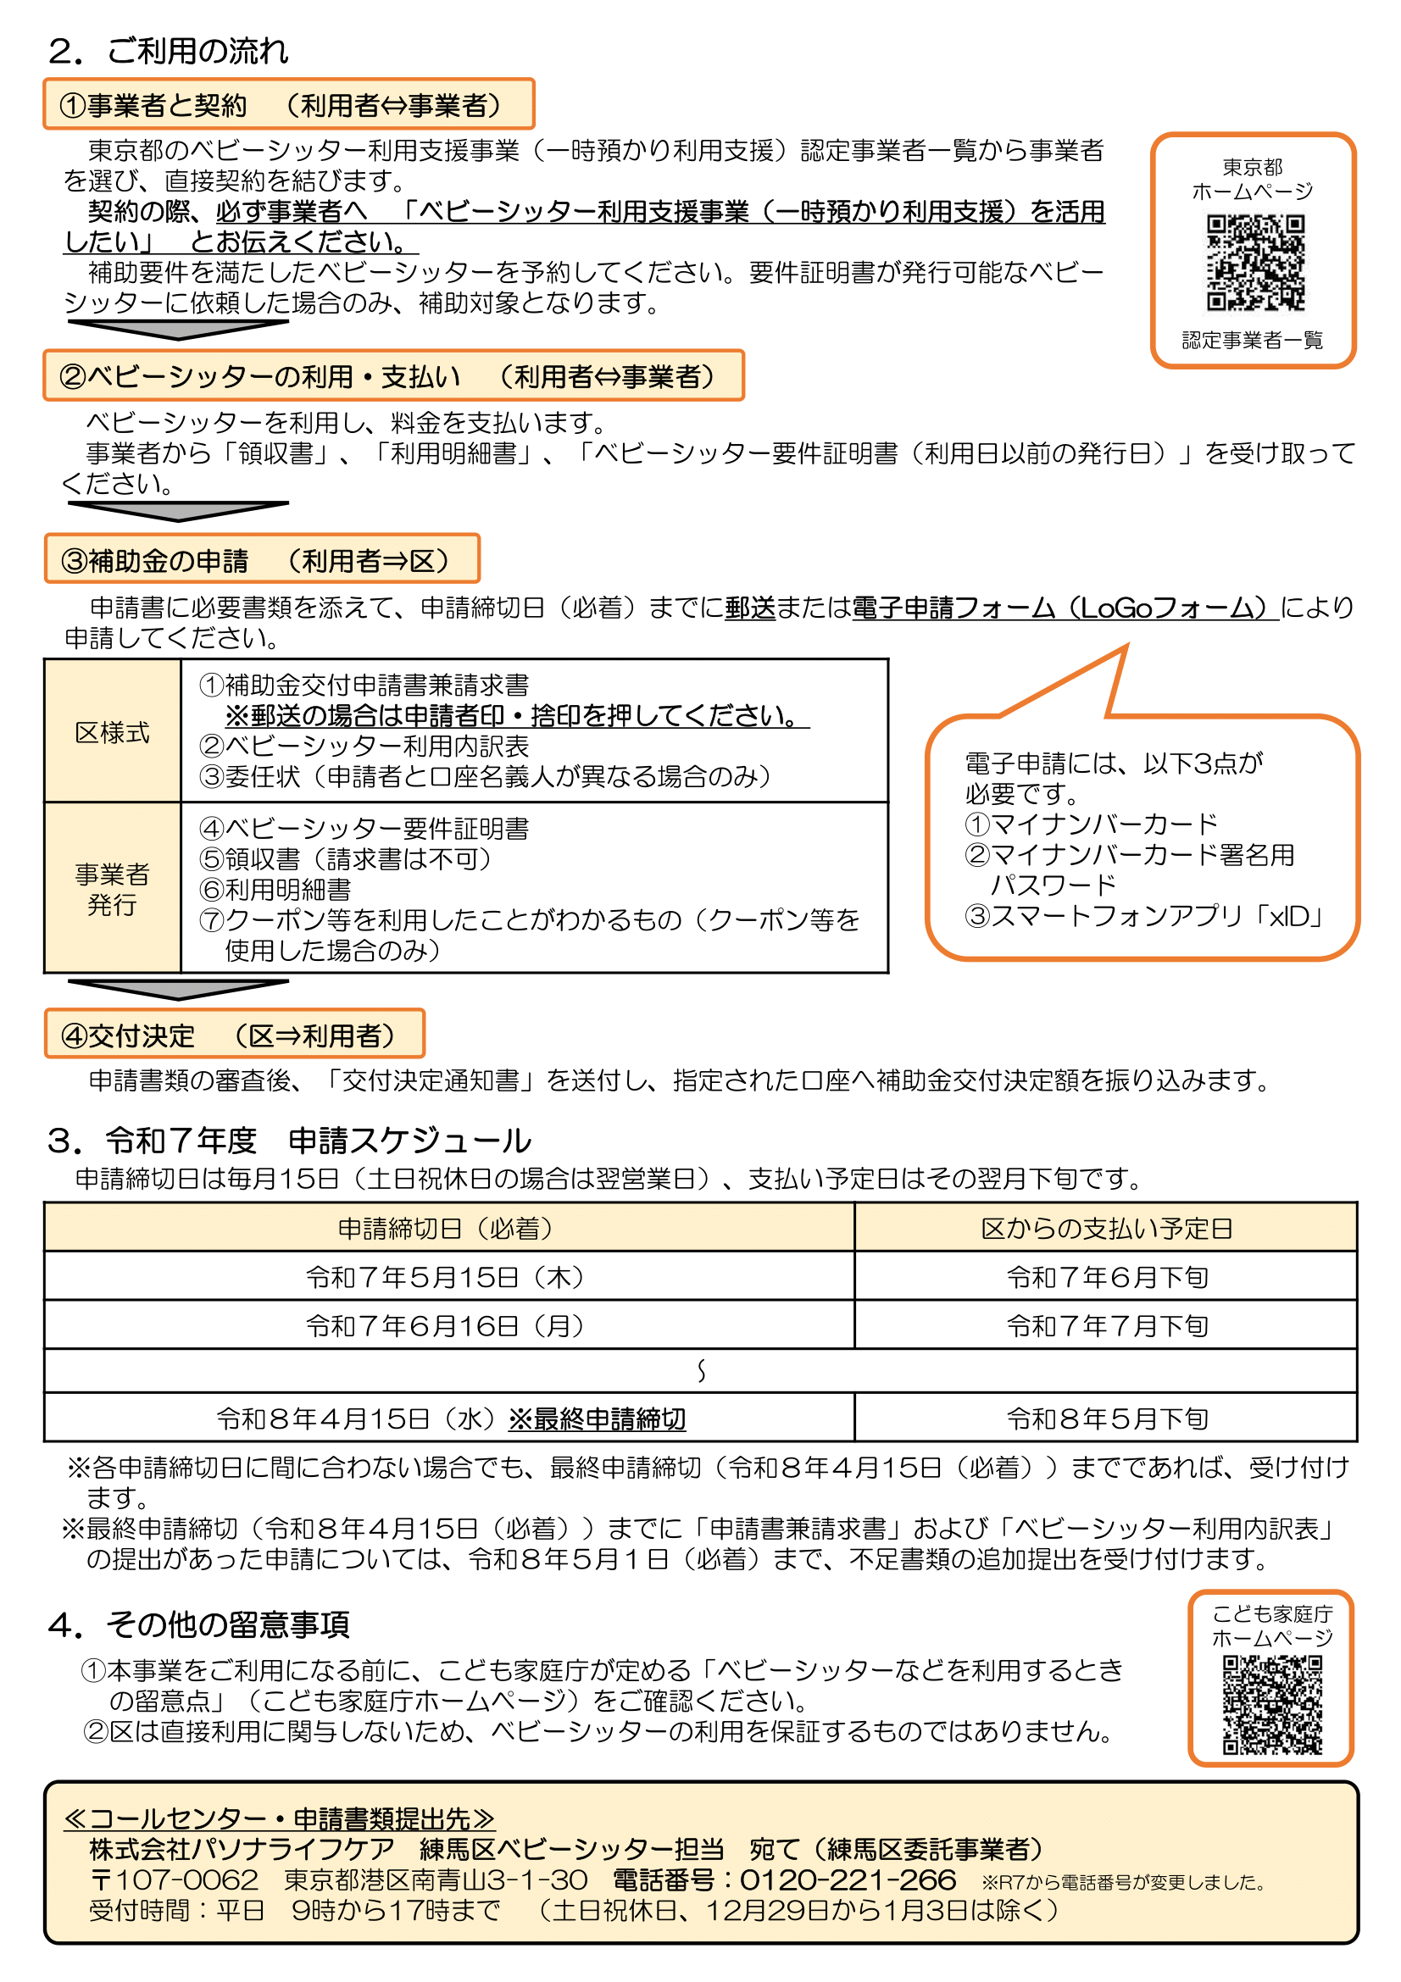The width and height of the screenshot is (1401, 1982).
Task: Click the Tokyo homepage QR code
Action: [1254, 263]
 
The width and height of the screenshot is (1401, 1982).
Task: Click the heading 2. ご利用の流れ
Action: [169, 51]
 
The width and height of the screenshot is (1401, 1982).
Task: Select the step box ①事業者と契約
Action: [288, 104]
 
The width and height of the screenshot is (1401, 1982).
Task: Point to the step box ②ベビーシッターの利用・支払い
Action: [392, 375]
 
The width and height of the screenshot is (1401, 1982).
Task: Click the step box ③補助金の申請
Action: [262, 560]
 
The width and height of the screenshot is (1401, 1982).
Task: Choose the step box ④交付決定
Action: [234, 1034]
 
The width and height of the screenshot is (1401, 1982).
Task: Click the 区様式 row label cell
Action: [112, 732]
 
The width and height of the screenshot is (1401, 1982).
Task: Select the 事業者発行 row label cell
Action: [112, 889]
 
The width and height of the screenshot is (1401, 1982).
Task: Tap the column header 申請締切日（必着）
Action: [448, 1228]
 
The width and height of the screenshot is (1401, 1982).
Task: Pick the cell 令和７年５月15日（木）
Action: [448, 1277]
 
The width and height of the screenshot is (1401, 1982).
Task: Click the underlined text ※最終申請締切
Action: [598, 1418]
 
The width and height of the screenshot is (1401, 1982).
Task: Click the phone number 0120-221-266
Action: [848, 1880]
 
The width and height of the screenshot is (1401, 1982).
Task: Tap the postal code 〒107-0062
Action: [174, 1880]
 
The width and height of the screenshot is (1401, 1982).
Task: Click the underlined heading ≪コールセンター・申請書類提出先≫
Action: [279, 1818]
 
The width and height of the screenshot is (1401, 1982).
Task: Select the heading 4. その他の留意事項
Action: [198, 1624]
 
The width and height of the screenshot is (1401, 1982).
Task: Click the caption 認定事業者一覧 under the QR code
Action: [1252, 340]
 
